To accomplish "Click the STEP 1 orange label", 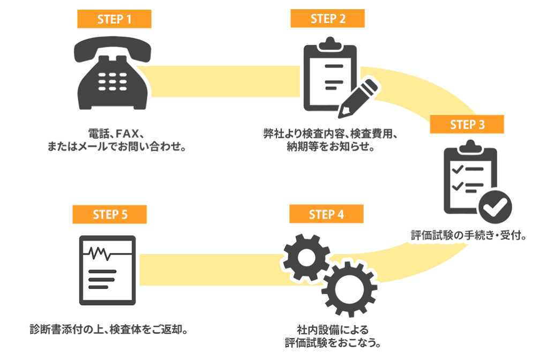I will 114,19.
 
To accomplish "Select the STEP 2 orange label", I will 327,19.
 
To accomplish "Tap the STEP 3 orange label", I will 467,125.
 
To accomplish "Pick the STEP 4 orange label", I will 326,214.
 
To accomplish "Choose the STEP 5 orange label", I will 110,214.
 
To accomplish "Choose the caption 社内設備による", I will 333,329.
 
